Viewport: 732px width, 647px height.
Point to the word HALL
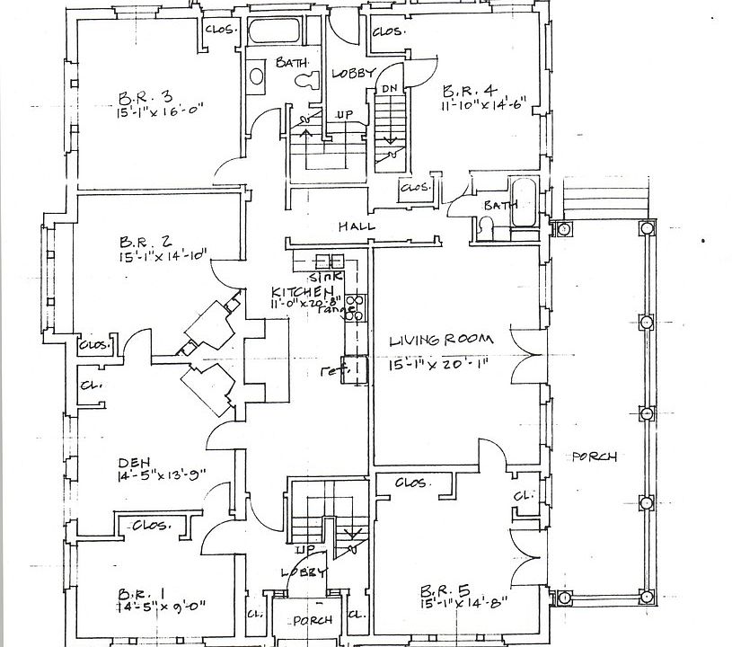click(356, 226)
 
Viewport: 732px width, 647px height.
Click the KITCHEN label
click(304, 293)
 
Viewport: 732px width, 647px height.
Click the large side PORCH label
click(594, 456)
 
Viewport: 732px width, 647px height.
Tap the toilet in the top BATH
click(305, 80)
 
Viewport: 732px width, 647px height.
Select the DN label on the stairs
click(389, 88)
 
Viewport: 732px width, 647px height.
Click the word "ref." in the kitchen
click(332, 368)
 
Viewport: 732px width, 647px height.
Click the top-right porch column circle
click(646, 228)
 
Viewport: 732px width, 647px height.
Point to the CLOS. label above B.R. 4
click(386, 31)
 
